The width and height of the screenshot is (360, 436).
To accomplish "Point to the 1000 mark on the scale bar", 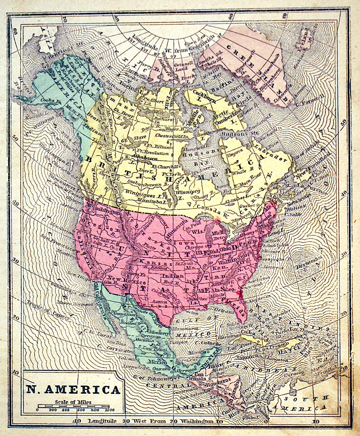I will (109, 410).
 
